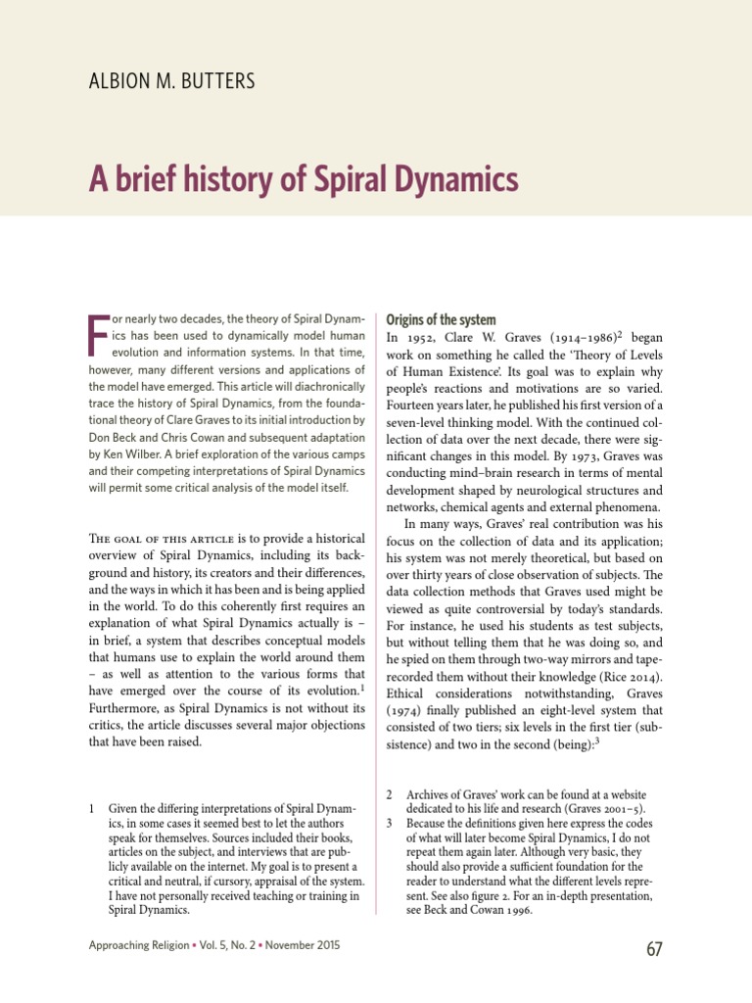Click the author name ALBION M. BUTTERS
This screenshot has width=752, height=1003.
pos(171,80)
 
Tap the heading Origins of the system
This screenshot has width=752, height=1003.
pos(442,320)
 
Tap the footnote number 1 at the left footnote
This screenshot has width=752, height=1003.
pos(91,809)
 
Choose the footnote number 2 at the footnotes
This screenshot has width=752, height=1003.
pos(389,793)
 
